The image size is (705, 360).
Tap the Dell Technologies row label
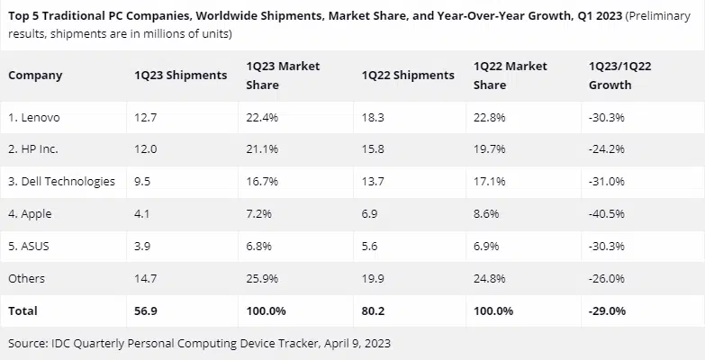tap(61, 181)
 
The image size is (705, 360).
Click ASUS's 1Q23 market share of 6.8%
tap(260, 246)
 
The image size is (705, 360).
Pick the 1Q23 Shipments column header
tap(179, 76)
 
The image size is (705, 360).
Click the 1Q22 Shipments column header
tap(407, 76)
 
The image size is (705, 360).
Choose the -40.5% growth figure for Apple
tap(606, 213)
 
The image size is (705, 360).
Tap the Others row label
tap(26, 278)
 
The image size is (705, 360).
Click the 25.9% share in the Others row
tap(263, 278)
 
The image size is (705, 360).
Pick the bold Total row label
tap(23, 310)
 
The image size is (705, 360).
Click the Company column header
tap(35, 76)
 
